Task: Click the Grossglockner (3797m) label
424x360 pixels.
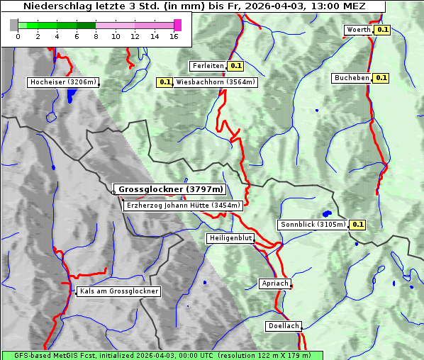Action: click(171, 189)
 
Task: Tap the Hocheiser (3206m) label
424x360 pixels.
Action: click(63, 82)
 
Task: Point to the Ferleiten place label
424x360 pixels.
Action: click(208, 66)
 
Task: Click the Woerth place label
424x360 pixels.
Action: click(358, 30)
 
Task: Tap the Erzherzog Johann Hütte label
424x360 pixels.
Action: click(183, 206)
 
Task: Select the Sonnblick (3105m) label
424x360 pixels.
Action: click(313, 225)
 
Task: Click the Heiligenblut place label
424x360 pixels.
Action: click(230, 238)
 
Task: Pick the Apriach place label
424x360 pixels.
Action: click(275, 283)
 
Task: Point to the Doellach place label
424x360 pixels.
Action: click(284, 326)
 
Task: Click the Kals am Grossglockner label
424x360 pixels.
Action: click(118, 291)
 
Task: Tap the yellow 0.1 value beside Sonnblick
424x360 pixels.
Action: click(358, 225)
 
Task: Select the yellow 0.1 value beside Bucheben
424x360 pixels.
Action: click(381, 78)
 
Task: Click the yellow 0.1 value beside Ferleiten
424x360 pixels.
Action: click(237, 66)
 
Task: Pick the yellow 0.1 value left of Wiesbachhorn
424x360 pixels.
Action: click(164, 82)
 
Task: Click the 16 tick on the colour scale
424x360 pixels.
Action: click(174, 36)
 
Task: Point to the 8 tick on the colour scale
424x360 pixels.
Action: click(96, 36)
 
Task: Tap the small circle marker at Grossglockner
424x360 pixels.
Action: click(113, 191)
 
